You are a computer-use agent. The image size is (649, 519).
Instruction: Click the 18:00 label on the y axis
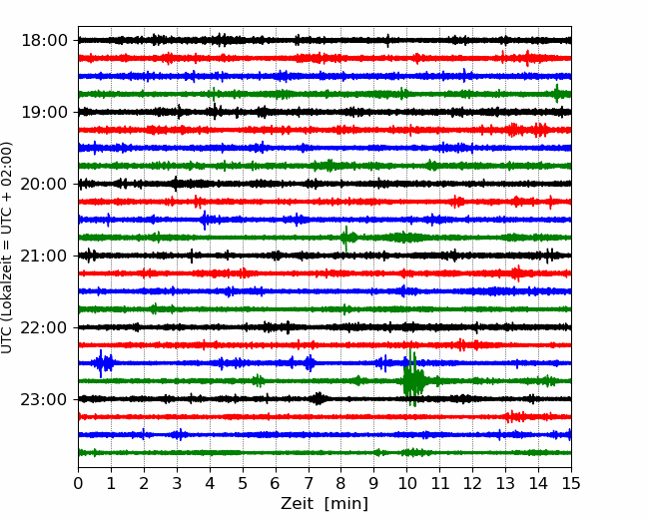(x=44, y=41)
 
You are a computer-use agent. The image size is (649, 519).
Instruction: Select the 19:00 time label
(x=44, y=112)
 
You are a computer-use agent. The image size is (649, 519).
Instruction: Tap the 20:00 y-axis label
(x=44, y=184)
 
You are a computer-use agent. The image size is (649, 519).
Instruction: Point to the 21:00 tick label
(x=44, y=256)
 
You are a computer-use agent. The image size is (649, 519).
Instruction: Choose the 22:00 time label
(x=44, y=327)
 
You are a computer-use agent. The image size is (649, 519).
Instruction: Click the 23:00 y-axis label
(x=44, y=399)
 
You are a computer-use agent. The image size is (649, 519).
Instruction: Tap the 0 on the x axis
(x=78, y=483)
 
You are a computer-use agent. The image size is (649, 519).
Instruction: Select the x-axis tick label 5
(x=243, y=483)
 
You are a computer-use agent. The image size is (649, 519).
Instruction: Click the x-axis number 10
(x=406, y=483)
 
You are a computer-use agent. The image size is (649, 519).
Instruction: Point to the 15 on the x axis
(x=571, y=483)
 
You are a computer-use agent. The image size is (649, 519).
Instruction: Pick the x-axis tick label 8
(x=341, y=483)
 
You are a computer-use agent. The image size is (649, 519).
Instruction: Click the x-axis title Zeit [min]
(x=324, y=504)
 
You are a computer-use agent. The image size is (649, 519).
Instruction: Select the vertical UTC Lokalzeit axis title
(x=7, y=248)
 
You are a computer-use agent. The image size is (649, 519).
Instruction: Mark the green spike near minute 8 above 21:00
(x=346, y=238)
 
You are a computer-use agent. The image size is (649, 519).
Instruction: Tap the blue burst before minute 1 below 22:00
(x=103, y=363)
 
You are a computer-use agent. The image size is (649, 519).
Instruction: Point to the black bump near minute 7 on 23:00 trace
(x=319, y=398)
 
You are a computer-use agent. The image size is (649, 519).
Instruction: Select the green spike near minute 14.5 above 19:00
(x=557, y=94)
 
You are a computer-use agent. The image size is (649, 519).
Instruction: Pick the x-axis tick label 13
(x=505, y=483)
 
